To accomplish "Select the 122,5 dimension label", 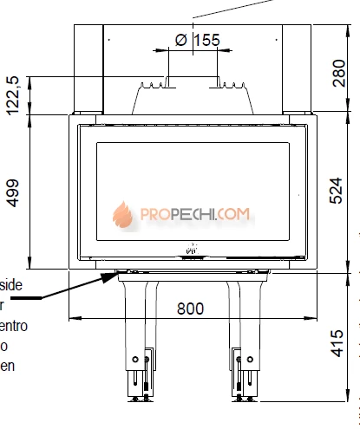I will point(14,93).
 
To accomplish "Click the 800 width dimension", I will point(192,308).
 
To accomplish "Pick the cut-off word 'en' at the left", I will point(7,366).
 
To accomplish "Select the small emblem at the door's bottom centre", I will point(192,252).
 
